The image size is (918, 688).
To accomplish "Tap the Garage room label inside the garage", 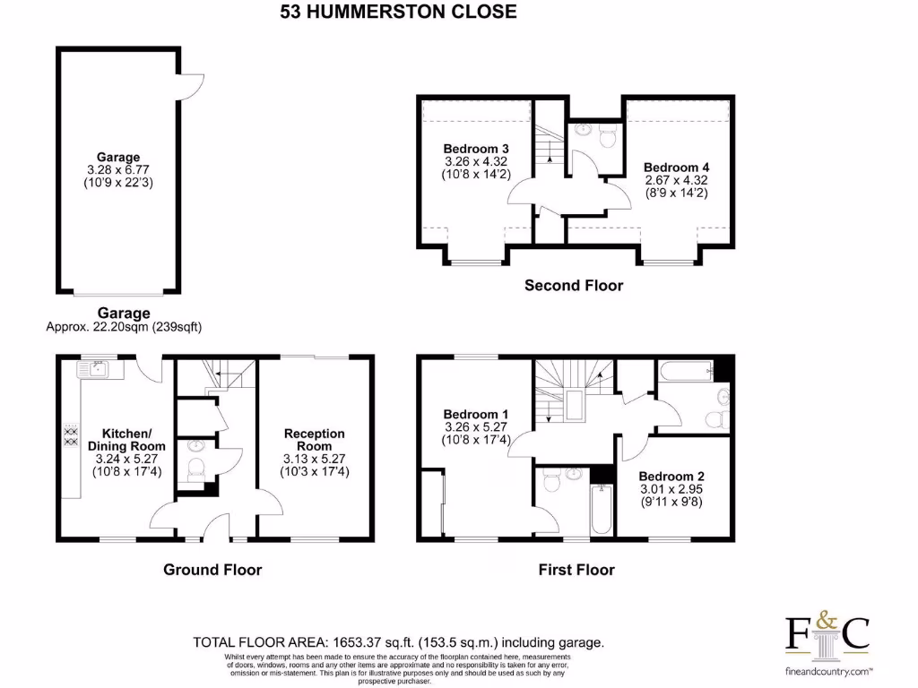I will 118,158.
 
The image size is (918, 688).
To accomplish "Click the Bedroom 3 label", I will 476,149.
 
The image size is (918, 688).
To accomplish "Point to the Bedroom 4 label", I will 676,168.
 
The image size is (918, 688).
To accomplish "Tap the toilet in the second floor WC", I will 608,137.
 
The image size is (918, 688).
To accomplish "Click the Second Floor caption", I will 573,286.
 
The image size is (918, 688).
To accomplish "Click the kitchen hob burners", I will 68,434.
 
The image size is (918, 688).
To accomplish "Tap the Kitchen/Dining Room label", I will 126,438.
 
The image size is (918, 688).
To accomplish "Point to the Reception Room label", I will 314,440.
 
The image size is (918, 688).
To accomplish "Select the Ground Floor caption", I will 212,570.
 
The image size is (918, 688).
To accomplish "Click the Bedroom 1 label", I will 476,414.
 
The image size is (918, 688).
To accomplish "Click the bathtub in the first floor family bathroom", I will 683,369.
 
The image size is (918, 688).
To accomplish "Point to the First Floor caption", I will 576,570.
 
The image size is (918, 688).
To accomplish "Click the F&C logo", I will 827,632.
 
